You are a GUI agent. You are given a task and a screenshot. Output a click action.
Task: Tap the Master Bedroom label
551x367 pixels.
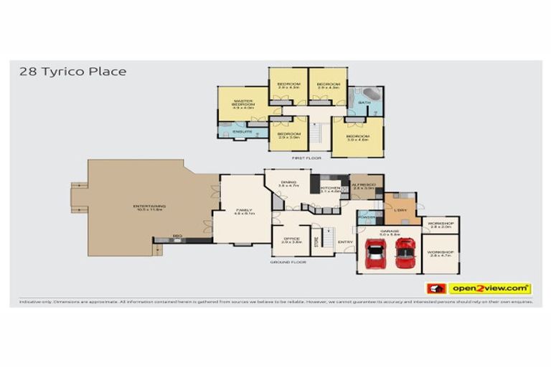coord(242,103)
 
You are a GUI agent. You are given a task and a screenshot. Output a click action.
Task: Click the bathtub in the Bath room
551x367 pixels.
coord(371,95)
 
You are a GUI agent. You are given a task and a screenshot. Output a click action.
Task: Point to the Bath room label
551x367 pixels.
coord(364,103)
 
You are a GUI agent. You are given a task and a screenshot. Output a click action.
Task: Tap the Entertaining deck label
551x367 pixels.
coord(149,207)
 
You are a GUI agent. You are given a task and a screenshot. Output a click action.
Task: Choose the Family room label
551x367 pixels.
coord(242,209)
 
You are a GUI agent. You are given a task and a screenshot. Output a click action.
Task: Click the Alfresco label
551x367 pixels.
coord(367,185)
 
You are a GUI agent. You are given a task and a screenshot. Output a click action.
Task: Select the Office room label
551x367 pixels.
coord(290,239)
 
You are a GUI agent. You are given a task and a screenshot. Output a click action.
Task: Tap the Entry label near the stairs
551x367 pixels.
coord(344,242)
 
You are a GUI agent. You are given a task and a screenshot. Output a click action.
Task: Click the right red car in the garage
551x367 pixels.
coord(405,252)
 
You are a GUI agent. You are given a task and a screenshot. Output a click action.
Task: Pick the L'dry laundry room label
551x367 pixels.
coord(400,209)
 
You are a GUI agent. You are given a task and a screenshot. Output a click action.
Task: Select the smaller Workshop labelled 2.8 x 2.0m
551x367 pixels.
coord(441,224)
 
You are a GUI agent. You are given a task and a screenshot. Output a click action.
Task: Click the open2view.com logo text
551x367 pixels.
coord(490,288)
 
